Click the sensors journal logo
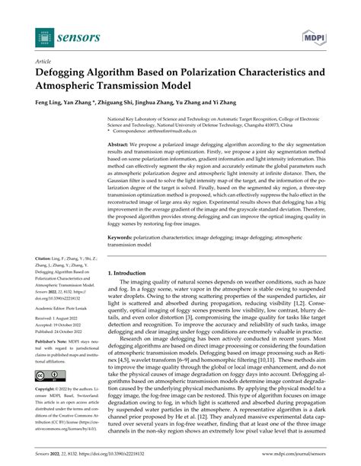pos(62,36)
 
